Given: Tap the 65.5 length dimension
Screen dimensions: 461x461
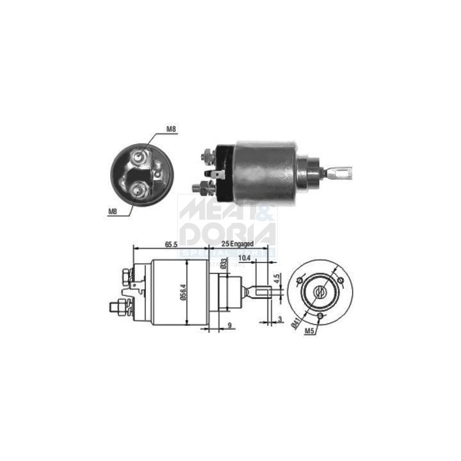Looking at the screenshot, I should click(170, 244).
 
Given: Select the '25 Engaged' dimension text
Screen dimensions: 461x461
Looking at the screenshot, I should click(238, 244).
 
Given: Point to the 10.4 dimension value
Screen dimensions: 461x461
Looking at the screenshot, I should click(244, 259).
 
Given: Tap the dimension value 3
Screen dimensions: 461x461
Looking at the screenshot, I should click(280, 319).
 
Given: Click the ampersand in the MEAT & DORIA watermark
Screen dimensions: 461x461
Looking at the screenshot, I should click(264, 214).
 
